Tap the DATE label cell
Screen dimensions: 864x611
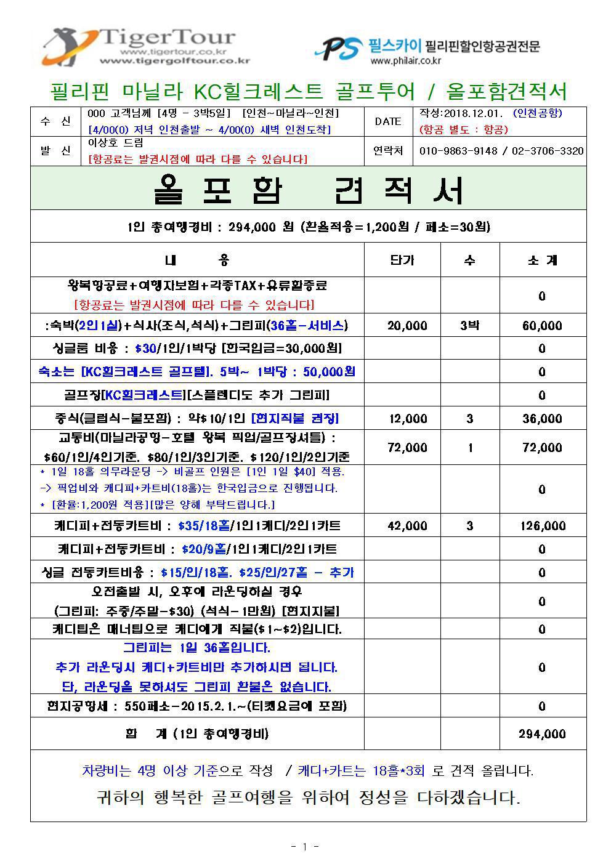387,121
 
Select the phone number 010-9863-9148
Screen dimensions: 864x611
458,151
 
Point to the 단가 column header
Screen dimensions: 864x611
402,260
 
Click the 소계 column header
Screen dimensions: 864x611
542,260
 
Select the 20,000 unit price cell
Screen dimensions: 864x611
407,326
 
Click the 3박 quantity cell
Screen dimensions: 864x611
469,326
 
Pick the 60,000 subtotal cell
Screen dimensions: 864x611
542,326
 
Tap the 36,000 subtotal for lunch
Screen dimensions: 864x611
542,419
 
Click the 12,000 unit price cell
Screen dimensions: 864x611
407,419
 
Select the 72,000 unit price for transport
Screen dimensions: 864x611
407,448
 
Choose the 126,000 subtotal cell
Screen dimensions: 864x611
542,526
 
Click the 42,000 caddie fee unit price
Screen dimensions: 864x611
407,526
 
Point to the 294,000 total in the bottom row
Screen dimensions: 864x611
542,734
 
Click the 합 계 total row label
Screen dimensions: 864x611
197,734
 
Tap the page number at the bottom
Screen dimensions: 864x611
305,847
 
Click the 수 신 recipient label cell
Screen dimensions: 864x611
55,121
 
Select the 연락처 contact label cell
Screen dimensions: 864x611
388,151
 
